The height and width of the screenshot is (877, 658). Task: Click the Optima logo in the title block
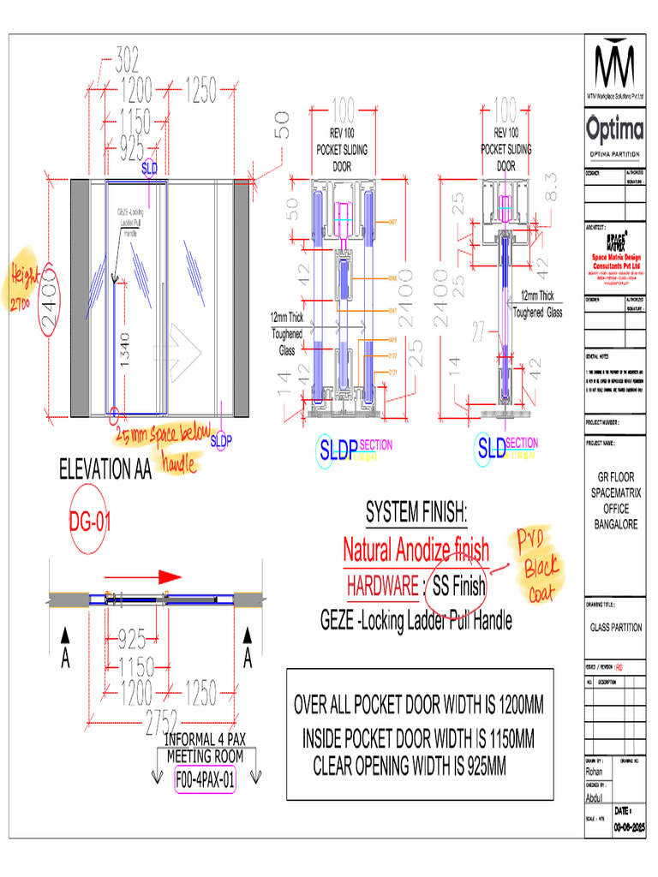click(615, 130)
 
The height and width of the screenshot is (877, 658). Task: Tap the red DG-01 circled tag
click(89, 521)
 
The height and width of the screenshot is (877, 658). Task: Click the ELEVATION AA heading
click(105, 469)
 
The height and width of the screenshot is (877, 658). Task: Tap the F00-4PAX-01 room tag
click(205, 780)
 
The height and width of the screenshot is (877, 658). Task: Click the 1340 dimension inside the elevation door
click(125, 350)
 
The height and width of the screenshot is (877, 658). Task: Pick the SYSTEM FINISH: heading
click(416, 514)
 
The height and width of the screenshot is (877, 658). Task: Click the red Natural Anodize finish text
click(416, 548)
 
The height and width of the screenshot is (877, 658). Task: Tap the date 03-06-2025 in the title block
click(628, 828)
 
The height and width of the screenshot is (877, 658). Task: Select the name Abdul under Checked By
click(595, 797)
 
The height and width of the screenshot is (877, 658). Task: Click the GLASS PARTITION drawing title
click(615, 627)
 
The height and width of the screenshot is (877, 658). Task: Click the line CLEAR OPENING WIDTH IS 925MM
click(410, 766)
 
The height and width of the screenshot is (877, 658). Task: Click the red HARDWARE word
click(382, 587)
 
